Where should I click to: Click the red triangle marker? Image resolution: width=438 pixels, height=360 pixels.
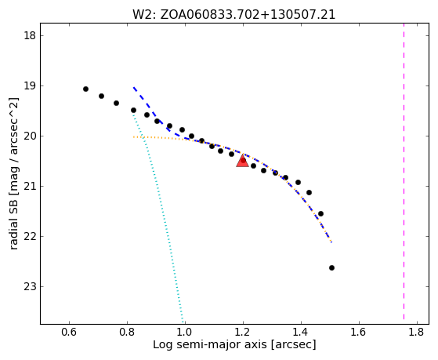point(242,161)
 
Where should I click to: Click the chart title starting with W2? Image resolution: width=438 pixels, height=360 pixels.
point(233,15)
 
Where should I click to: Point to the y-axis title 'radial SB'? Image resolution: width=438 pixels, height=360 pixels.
point(13,173)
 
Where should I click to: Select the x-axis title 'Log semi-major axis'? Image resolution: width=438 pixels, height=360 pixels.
point(234,344)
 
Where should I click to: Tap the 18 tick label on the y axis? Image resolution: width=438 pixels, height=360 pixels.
point(30,36)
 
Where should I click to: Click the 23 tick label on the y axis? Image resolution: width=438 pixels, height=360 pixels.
point(30,287)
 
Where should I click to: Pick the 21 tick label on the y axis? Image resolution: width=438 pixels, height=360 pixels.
point(30,187)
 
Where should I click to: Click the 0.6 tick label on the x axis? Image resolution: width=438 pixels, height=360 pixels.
point(69,332)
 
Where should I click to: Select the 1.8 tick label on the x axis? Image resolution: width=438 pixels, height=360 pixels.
point(417,332)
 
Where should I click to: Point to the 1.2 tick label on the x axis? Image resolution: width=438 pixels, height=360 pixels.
point(243,332)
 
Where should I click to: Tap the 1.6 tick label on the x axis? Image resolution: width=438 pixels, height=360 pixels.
point(359,332)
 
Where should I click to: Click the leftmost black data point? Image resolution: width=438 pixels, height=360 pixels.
point(85,89)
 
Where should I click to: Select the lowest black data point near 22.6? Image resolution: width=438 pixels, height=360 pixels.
point(331,267)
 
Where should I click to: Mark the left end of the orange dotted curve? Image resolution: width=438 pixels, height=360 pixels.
point(134,136)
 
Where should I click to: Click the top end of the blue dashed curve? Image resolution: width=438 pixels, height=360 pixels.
point(134,88)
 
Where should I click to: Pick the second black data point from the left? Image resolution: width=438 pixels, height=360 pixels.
point(101,96)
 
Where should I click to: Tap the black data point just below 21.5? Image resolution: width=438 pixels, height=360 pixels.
point(320,213)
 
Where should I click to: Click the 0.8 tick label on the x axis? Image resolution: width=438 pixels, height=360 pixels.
point(127,332)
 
